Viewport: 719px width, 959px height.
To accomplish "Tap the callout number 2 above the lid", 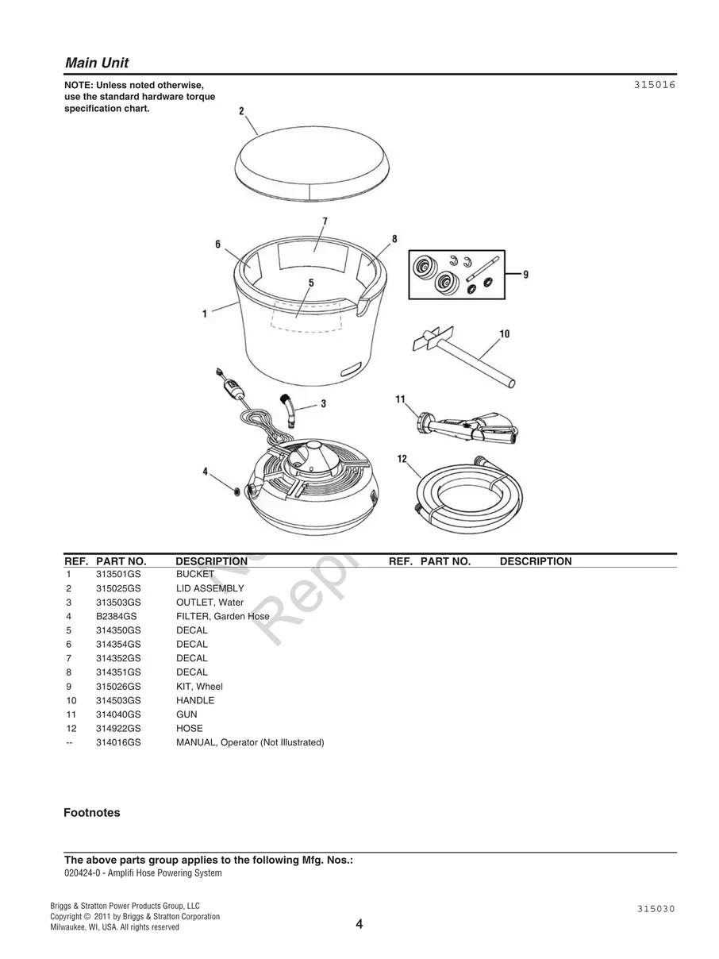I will (241, 111).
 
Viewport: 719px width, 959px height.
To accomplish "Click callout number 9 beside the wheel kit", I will (525, 274).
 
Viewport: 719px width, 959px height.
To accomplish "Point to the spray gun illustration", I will (467, 427).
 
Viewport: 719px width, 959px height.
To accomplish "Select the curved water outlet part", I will (289, 407).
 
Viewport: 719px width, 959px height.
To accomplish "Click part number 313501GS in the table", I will (118, 574).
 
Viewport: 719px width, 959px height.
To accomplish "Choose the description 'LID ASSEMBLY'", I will (210, 588).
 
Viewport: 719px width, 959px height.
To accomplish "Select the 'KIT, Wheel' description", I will (199, 686).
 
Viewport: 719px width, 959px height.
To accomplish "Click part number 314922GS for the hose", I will (118, 728).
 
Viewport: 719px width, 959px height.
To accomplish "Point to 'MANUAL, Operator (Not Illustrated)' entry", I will (249, 742).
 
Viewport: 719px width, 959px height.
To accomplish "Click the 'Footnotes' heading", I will (92, 813).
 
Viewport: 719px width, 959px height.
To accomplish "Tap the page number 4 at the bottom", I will (359, 924).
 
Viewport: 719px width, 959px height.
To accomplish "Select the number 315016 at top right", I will (654, 83).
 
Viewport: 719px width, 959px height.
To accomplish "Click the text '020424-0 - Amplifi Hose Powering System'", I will (143, 873).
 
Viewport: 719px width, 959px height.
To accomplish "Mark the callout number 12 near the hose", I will (402, 459).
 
